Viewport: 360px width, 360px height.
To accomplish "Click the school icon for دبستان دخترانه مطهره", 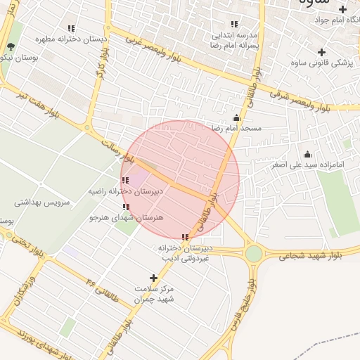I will coord(72,29).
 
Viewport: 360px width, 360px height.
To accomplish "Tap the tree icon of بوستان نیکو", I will coord(11,48).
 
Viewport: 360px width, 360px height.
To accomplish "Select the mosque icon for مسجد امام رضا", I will coord(236,117).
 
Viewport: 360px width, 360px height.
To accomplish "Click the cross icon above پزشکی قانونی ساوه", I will coord(321,52).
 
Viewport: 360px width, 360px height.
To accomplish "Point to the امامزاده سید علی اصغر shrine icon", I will coord(307,154).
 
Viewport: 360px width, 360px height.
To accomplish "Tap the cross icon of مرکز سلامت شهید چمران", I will coord(154,278).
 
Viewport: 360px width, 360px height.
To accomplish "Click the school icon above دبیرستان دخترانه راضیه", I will coord(125,180).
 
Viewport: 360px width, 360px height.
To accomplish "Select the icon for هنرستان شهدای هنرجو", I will coord(126,207).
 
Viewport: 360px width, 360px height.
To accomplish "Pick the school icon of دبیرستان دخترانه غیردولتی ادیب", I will coord(185,238).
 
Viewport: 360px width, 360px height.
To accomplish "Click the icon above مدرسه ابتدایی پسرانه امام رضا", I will coord(234,24).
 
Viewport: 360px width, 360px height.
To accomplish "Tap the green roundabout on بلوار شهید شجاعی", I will coord(253,253).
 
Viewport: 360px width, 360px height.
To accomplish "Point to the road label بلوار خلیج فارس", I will coord(243,306).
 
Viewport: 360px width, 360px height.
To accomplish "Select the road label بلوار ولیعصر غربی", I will coord(158,51).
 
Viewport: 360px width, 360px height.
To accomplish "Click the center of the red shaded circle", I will coord(180,179).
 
